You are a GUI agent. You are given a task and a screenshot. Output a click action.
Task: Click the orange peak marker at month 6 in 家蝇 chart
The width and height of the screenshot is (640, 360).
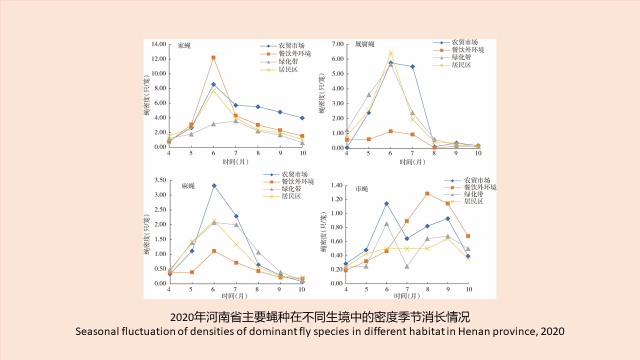[213, 57]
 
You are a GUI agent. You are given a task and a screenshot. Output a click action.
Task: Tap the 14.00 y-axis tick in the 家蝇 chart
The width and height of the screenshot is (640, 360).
[156, 44]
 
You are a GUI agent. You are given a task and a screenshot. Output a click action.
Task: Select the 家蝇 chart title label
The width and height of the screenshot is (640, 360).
[184, 45]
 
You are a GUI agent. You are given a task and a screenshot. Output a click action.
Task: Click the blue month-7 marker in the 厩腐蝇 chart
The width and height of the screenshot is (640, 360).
[412, 66]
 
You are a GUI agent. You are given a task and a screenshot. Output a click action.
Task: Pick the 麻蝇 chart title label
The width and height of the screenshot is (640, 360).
[188, 186]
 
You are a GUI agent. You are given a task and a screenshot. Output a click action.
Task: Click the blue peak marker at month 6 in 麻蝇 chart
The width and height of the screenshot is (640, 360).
[214, 185]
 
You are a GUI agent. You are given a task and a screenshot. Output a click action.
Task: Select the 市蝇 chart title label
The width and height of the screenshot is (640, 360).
[361, 189]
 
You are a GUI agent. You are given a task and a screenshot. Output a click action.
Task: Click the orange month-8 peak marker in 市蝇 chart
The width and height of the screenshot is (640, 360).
[427, 193]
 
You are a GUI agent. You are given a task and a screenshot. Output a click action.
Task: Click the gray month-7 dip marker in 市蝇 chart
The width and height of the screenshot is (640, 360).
[407, 266]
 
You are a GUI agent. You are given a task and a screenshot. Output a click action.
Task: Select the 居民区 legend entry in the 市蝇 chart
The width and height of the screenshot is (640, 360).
[474, 201]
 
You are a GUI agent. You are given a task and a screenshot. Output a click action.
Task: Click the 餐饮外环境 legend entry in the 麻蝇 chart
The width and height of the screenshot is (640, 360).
[297, 181]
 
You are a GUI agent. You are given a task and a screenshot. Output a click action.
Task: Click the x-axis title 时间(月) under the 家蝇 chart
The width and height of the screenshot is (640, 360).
[235, 161]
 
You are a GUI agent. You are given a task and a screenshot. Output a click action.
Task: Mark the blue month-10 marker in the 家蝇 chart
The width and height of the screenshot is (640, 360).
[302, 118]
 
